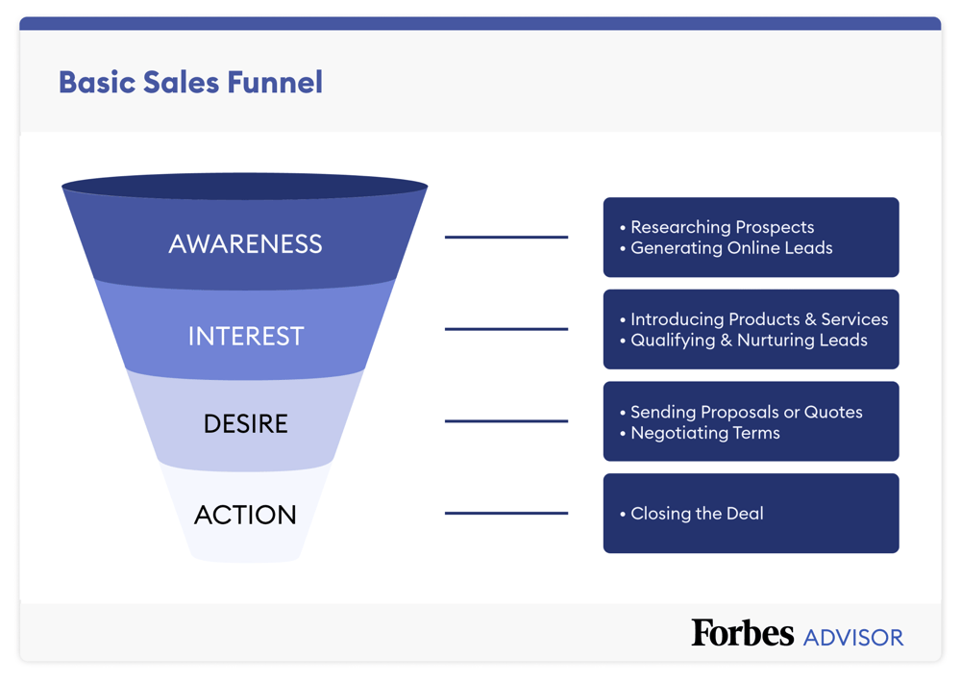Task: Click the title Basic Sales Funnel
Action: click(x=190, y=82)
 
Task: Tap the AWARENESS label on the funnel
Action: click(x=245, y=243)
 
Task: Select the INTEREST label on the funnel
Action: click(x=245, y=336)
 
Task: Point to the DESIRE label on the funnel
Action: click(x=245, y=423)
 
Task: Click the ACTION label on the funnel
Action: click(x=245, y=515)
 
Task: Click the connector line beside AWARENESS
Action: click(x=505, y=237)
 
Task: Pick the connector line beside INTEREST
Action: click(x=505, y=329)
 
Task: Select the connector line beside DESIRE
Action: click(x=505, y=420)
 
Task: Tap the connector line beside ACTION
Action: click(x=505, y=513)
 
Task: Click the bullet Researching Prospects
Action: click(x=722, y=227)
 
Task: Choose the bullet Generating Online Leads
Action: click(x=731, y=248)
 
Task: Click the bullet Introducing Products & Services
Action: click(x=758, y=319)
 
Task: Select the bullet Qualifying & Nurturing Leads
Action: click(x=749, y=341)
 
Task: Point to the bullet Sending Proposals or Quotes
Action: click(x=746, y=412)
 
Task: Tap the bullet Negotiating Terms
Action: click(x=704, y=433)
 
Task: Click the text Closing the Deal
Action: click(x=697, y=514)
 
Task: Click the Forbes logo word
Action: click(x=742, y=633)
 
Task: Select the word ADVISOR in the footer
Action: click(x=853, y=637)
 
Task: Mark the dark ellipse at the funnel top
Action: click(x=245, y=186)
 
